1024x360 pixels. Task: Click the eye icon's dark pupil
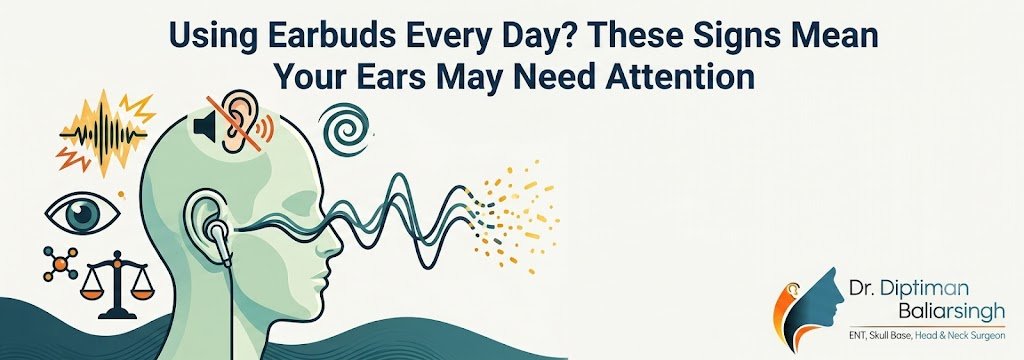point(82,214)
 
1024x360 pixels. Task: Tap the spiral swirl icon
point(344,130)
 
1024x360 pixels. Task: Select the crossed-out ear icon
point(236,121)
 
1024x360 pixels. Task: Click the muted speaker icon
point(204,126)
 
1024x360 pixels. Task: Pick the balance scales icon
point(118,284)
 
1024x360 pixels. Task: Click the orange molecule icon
point(59,263)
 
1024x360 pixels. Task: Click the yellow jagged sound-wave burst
point(104,133)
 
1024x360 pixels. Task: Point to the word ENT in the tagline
point(858,335)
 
